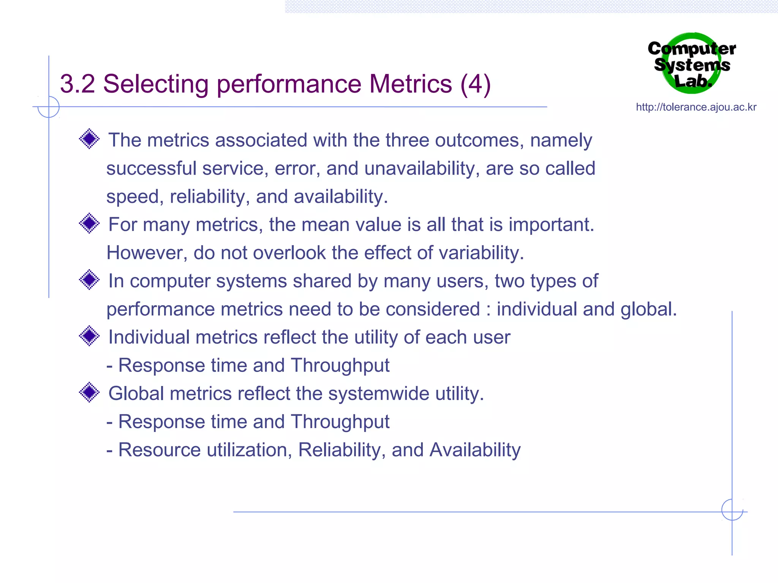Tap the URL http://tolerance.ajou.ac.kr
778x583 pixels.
tap(696, 107)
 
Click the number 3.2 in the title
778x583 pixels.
tap(77, 84)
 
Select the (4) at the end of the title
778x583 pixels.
tap(475, 84)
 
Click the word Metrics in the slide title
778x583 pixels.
tap(411, 84)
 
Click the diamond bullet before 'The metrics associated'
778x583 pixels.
tap(89, 139)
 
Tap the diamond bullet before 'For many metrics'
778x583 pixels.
tap(89, 223)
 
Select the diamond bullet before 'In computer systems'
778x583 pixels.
tap(89, 280)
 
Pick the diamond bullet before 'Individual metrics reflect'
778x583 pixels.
tap(89, 336)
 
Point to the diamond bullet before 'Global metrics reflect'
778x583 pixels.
tap(89, 392)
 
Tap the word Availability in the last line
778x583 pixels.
tap(475, 450)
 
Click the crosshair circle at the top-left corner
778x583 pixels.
tap(49, 107)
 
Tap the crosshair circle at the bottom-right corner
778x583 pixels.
tap(732, 510)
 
